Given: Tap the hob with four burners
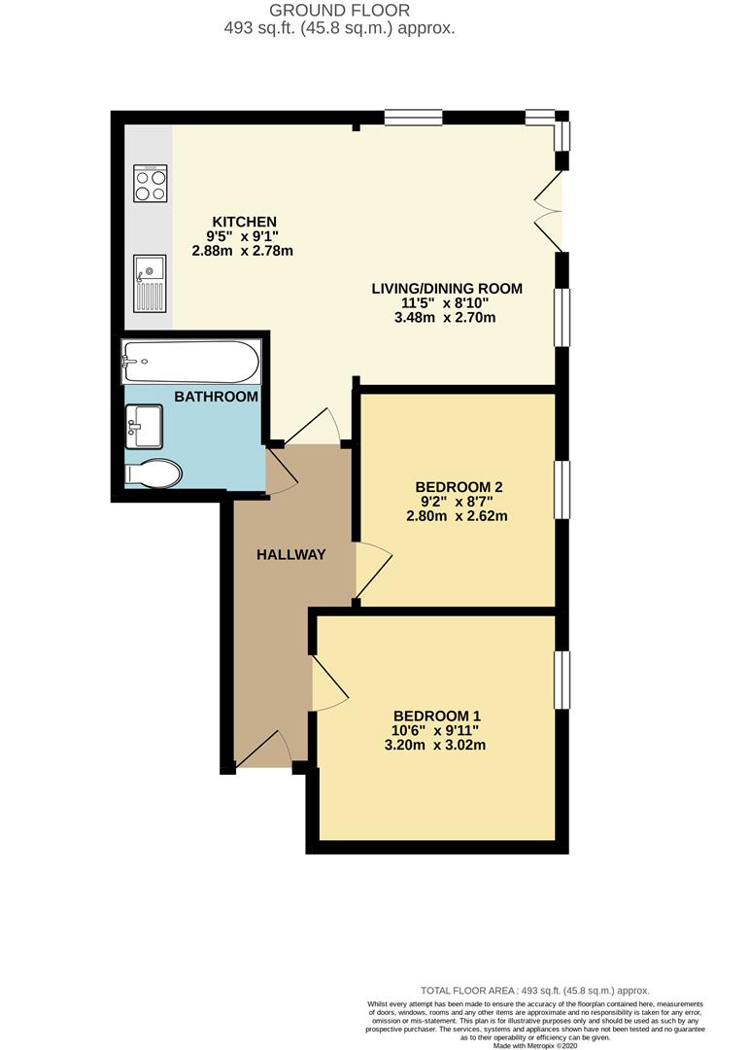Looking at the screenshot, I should (150, 183).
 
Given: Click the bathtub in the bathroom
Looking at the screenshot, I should (191, 364).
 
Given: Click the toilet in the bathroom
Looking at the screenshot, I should (154, 474).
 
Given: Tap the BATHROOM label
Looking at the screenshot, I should (217, 397).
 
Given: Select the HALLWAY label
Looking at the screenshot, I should (290, 554).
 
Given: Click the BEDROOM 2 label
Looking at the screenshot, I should (458, 486).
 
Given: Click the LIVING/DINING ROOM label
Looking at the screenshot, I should (447, 288).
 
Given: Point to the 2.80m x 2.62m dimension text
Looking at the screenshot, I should (458, 516).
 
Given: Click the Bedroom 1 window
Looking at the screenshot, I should (561, 680).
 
